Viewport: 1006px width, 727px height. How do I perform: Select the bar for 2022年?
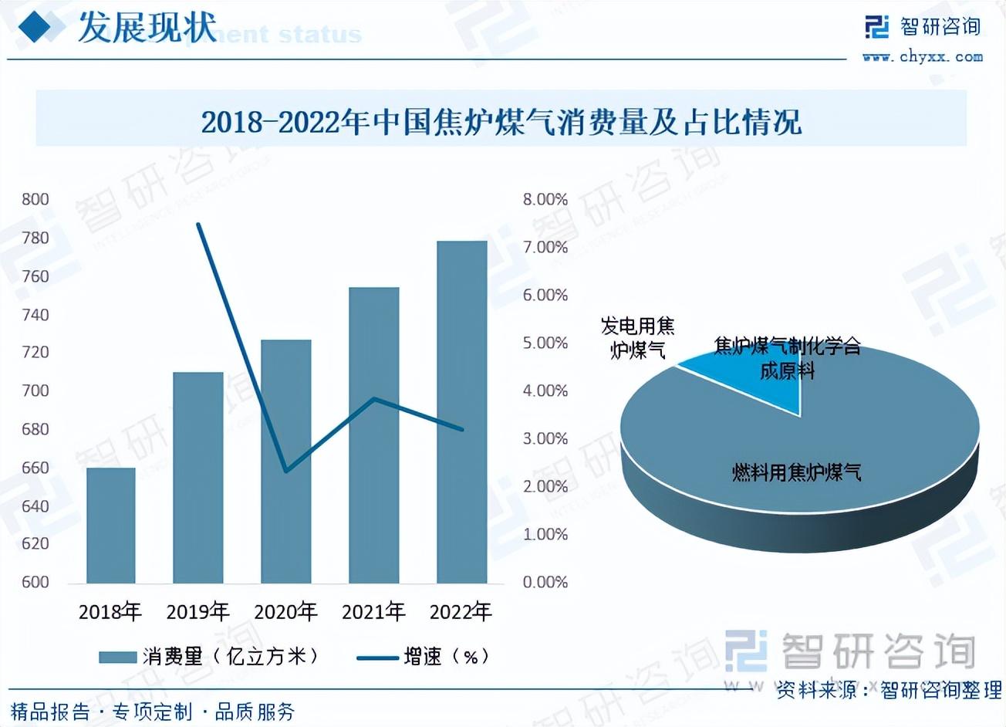(x=461, y=412)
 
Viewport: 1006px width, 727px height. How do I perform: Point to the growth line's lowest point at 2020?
(x=286, y=471)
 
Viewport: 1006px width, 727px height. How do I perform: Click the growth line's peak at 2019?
(x=198, y=225)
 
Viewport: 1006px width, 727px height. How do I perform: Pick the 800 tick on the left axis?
(x=35, y=200)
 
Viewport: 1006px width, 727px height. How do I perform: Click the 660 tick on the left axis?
(x=35, y=468)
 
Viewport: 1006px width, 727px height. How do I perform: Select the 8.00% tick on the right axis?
(x=545, y=200)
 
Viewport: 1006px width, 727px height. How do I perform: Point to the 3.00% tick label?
(x=545, y=438)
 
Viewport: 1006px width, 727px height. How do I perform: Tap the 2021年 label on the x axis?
(x=373, y=612)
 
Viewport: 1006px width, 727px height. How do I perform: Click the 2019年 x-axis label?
(x=198, y=612)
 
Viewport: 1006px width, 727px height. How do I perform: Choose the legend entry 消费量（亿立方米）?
(x=208, y=657)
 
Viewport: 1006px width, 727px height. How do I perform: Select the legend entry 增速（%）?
(x=424, y=657)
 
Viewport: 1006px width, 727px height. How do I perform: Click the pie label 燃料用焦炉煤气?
(x=796, y=472)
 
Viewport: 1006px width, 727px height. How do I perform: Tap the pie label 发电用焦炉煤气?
(x=637, y=338)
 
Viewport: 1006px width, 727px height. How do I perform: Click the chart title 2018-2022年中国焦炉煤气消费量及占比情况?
(x=501, y=122)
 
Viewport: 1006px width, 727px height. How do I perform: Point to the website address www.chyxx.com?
(x=922, y=56)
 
